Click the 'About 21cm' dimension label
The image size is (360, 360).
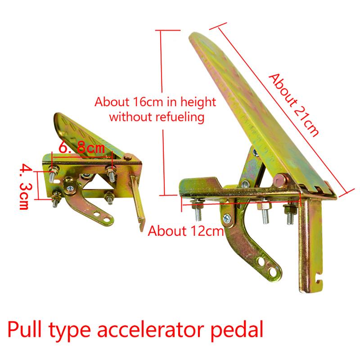coord(294,105)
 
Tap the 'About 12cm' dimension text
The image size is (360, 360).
coord(185,231)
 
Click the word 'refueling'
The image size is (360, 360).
coord(180,117)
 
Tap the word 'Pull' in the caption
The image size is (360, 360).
coord(25,329)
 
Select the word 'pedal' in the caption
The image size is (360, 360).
coord(237,329)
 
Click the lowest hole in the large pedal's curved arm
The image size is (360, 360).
coord(272,272)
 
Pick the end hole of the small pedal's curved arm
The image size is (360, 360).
coord(106,220)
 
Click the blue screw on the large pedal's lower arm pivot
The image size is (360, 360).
coord(227,218)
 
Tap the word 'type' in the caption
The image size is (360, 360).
coord(70,331)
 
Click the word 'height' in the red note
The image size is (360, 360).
coord(198,102)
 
